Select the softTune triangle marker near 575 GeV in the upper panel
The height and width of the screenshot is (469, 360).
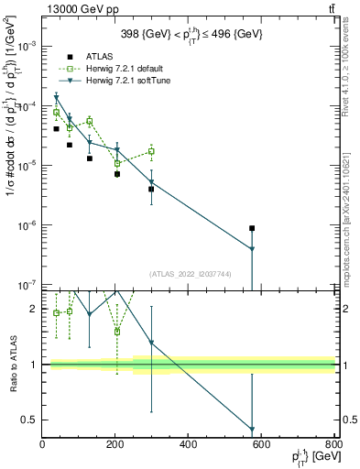click(252, 249)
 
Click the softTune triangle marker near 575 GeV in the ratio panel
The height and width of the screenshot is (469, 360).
click(252, 430)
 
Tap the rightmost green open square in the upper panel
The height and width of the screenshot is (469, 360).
click(152, 151)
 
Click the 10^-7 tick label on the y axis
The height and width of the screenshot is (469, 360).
click(26, 285)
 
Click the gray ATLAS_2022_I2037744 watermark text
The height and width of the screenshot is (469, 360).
click(189, 274)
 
